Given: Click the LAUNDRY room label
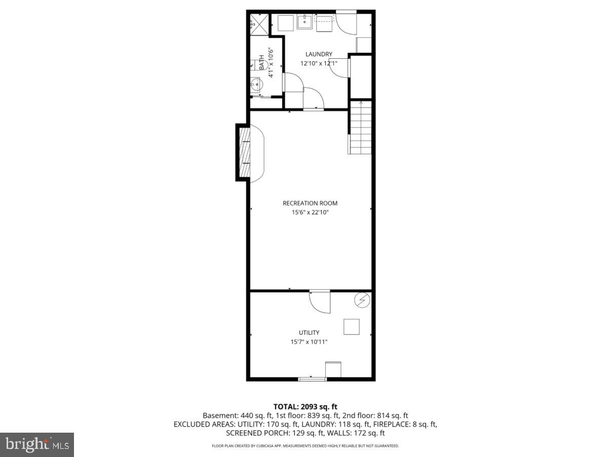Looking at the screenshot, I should coord(319,54).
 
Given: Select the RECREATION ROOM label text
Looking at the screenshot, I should coord(310,203).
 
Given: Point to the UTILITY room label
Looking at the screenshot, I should coord(309,333).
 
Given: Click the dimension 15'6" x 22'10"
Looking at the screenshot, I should coord(310,213).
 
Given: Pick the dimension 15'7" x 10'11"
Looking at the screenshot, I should coord(309,342).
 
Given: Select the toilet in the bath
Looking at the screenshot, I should coord(254,65).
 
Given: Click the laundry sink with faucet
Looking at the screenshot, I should coord(304,22).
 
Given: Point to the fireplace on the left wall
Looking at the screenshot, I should coord(245,152).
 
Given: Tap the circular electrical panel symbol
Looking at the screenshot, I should coord(362,300).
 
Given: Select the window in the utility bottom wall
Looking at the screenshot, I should coord(312,379).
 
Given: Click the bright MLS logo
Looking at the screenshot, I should coord(37,444).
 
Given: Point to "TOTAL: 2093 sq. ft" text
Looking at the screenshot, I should coord(305,406).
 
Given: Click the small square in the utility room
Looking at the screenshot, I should coord(352,326).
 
